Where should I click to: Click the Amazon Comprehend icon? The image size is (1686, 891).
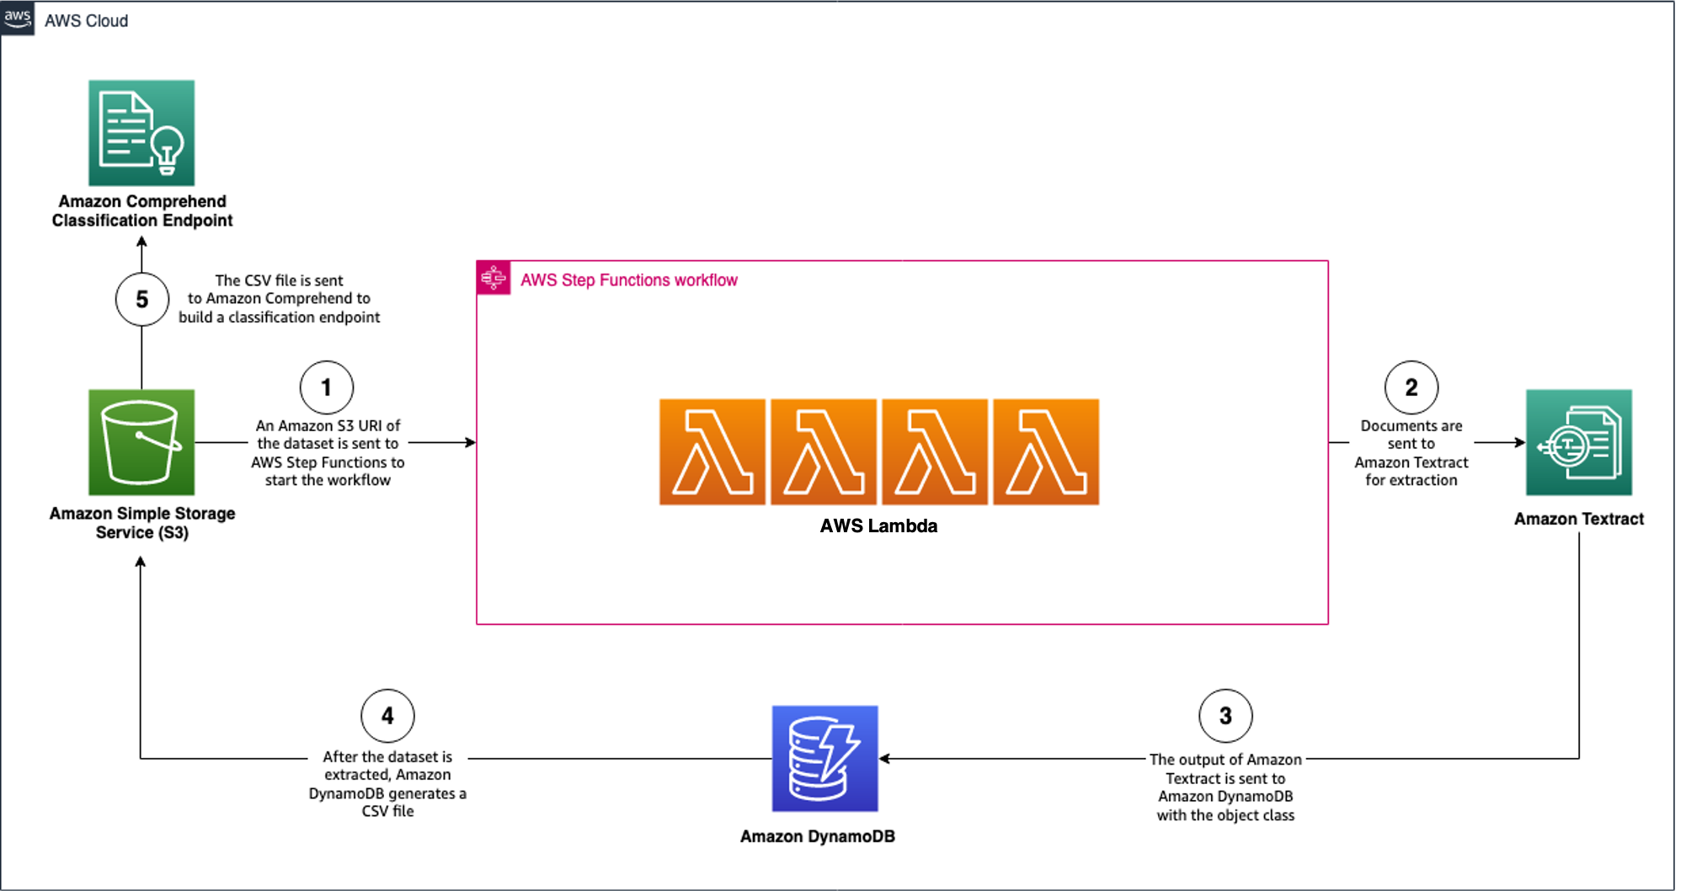141,133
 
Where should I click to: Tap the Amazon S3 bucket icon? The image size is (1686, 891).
141,442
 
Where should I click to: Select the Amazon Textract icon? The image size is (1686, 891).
1578,442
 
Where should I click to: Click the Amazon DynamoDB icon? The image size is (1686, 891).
824,758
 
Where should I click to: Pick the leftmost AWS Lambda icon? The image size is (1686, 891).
712,452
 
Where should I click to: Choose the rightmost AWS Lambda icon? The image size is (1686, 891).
1046,452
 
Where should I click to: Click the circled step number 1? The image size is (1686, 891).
327,387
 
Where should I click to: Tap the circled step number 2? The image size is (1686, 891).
1411,387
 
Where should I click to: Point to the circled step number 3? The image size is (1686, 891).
1225,716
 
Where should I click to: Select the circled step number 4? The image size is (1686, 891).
387,716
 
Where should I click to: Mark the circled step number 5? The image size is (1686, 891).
141,299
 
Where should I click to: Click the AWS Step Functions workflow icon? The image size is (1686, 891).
494,278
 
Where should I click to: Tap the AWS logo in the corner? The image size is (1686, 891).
18,18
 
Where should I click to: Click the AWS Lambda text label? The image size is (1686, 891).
878,526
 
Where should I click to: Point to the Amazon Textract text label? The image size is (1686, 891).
1578,519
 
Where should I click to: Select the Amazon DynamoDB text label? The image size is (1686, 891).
817,836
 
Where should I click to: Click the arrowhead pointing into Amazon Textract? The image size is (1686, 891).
1520,442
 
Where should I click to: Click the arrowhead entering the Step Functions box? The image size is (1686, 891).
471,442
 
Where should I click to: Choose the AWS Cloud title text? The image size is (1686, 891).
86,21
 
